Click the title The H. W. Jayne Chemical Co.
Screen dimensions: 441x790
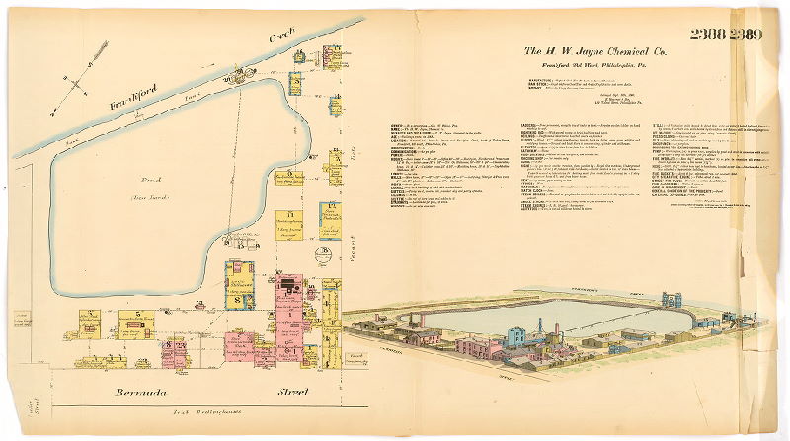click(x=594, y=50)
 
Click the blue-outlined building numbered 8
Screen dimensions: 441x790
click(x=237, y=291)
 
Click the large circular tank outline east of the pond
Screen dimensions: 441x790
click(x=323, y=254)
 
